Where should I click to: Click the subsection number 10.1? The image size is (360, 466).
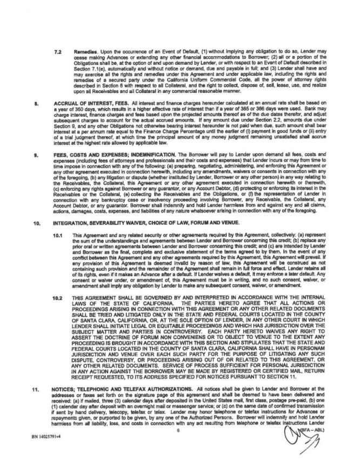[58, 236]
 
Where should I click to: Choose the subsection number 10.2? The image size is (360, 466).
[58, 297]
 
